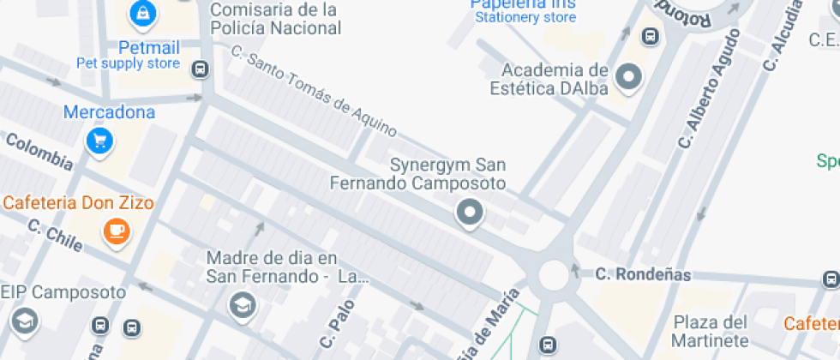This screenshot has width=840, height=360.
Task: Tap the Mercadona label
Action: click(x=109, y=112)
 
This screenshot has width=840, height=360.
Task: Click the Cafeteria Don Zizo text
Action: click(x=78, y=204)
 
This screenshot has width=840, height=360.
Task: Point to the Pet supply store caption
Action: click(x=128, y=63)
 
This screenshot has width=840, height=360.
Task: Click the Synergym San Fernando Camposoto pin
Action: click(x=469, y=213)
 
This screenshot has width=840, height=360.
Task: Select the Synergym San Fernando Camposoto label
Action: click(x=417, y=174)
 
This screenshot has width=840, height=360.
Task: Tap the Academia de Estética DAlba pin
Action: click(x=630, y=77)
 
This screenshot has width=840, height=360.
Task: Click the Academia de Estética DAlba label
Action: click(x=549, y=79)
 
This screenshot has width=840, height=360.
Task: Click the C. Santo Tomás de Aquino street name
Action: click(x=315, y=91)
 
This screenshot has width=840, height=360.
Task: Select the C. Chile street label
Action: click(x=55, y=237)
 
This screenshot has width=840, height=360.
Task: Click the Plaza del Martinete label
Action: click(x=711, y=331)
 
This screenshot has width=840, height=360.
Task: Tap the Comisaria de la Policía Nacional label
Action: click(x=275, y=19)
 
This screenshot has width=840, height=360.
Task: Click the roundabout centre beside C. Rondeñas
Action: click(x=554, y=276)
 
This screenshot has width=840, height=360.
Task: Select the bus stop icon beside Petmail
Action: click(x=201, y=69)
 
